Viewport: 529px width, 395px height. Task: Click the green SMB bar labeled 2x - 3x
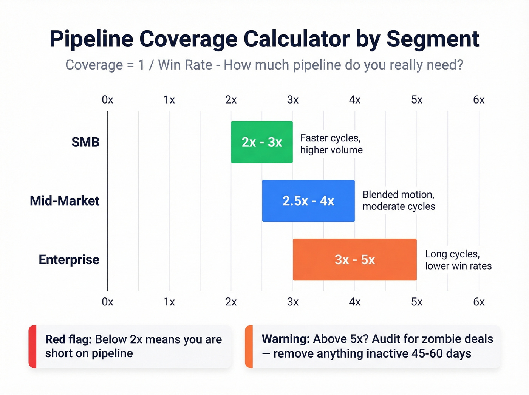click(x=262, y=142)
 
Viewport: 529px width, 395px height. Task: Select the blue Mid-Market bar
click(x=308, y=201)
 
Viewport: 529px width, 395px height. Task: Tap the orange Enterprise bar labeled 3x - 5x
click(x=354, y=260)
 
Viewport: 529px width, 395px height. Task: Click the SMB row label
click(x=85, y=142)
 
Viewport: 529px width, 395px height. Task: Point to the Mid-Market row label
click(x=65, y=201)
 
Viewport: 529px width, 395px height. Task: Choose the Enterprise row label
click(x=69, y=260)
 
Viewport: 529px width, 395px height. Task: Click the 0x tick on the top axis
click(x=107, y=100)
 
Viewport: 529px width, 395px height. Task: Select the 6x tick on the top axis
click(x=479, y=100)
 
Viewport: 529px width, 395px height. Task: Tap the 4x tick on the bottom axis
click(x=355, y=302)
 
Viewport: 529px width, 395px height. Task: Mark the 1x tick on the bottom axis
click(x=169, y=302)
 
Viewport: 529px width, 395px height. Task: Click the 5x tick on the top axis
click(x=417, y=100)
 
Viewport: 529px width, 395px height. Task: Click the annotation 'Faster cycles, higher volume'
click(x=331, y=144)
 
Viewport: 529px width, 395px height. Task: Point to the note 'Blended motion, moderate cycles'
click(x=399, y=200)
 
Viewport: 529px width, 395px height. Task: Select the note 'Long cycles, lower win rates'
click(x=458, y=260)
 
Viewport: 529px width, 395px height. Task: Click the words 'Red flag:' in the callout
click(x=68, y=339)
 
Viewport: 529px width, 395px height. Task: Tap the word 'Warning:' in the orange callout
click(x=286, y=339)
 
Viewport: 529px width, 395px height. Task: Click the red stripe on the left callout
click(x=33, y=346)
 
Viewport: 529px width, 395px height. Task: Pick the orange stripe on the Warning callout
click(x=249, y=346)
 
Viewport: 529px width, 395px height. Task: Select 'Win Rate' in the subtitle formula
click(x=185, y=65)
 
